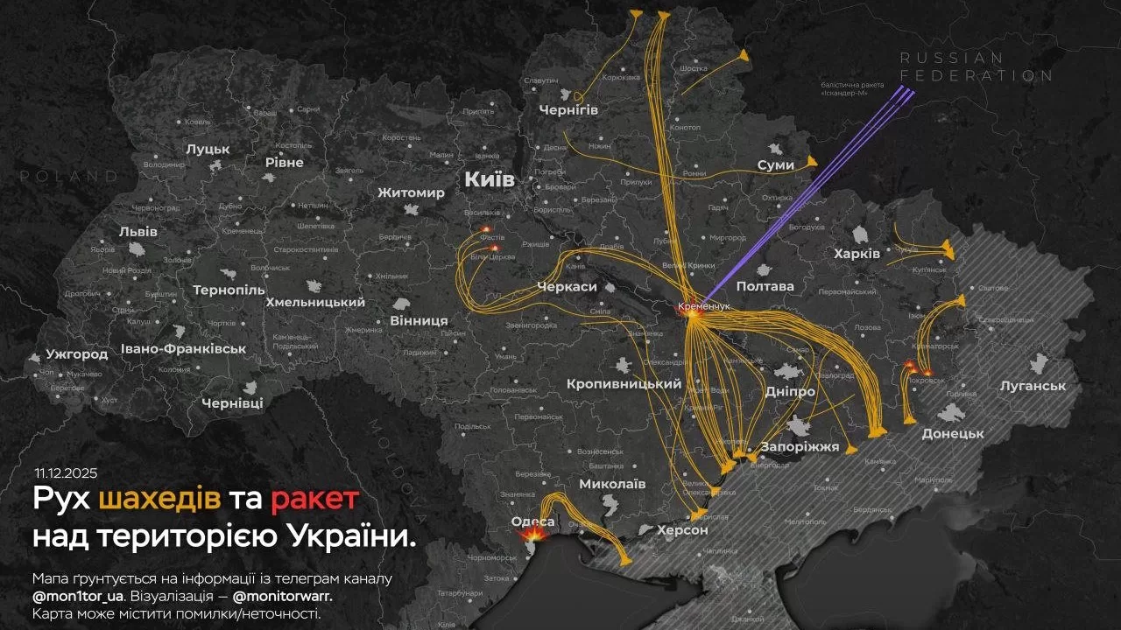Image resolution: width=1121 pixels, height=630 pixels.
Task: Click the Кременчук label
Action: [703, 307]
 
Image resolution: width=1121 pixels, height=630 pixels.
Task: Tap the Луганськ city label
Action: [1033, 385]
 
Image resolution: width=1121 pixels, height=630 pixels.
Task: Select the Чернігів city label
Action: [568, 109]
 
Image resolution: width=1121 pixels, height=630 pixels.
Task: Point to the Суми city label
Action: [776, 164]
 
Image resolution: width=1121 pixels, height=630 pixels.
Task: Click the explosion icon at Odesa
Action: [532, 533]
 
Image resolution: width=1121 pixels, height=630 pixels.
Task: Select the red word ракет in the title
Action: [314, 500]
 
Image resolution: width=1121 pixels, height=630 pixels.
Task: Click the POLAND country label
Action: [69, 176]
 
